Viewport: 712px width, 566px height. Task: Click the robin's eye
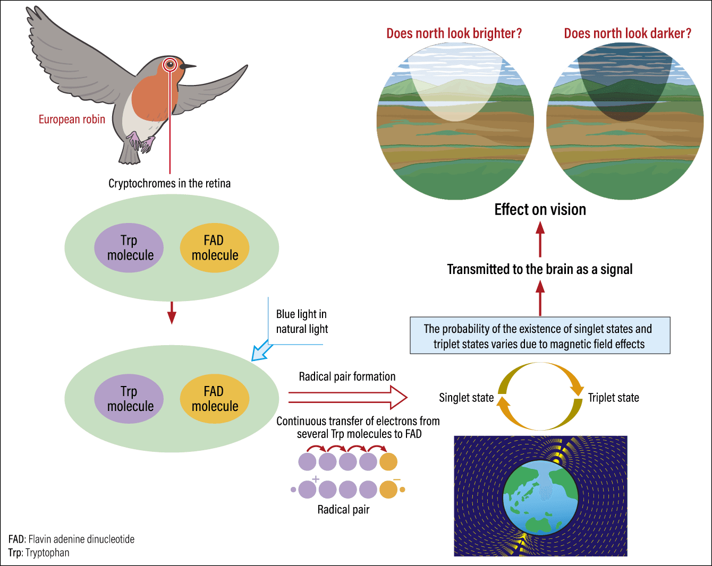(x=170, y=64)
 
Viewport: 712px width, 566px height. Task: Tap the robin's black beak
(x=188, y=66)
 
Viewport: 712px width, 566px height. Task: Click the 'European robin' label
(x=72, y=119)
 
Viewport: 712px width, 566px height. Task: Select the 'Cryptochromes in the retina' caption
(x=169, y=184)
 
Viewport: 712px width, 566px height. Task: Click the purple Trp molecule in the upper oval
(x=129, y=247)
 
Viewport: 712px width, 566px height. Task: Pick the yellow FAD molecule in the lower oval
(x=214, y=399)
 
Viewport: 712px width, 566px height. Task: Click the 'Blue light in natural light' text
(x=302, y=321)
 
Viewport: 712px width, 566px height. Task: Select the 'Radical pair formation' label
(x=347, y=376)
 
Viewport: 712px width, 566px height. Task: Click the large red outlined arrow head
(x=399, y=398)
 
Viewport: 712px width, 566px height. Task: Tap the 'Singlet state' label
(x=466, y=397)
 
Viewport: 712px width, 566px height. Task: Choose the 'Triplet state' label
(x=613, y=397)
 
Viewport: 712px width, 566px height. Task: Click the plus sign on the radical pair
(x=316, y=479)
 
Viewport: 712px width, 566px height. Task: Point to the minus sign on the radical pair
(x=397, y=479)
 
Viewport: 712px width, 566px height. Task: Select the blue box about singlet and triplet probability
(x=540, y=336)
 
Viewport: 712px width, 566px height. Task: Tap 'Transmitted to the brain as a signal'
(x=540, y=269)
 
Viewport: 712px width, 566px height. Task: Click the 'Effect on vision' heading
(x=540, y=210)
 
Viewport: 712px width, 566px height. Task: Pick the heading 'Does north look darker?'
(x=628, y=33)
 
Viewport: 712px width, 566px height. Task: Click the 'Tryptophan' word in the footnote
(x=47, y=553)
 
